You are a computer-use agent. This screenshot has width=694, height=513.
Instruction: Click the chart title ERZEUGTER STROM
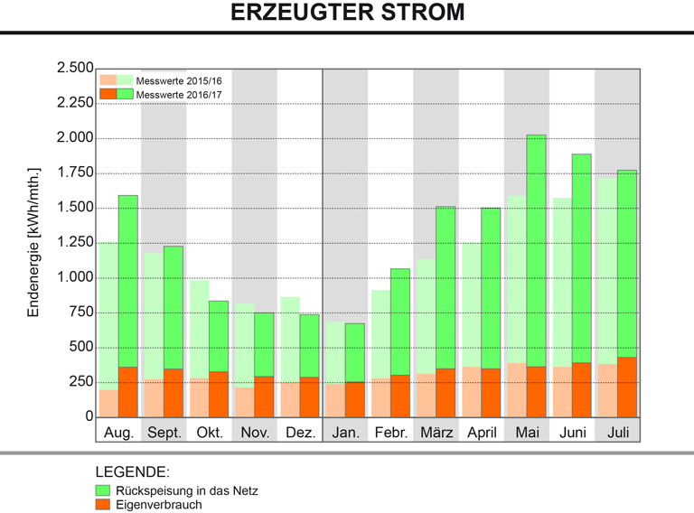[x=347, y=14]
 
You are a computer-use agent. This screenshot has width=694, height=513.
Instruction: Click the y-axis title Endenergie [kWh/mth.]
[x=35, y=242]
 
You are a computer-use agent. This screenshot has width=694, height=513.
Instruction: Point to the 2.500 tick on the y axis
[x=74, y=69]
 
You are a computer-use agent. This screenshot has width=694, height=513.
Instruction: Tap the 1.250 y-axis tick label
[x=74, y=243]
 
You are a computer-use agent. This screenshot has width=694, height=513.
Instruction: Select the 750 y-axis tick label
[x=80, y=312]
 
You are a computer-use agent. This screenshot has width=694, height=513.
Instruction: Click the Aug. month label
[x=119, y=432]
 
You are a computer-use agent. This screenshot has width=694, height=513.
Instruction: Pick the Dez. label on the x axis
[x=300, y=432]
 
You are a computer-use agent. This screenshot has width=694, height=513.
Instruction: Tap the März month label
[x=436, y=432]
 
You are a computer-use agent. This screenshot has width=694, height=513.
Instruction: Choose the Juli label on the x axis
[x=617, y=432]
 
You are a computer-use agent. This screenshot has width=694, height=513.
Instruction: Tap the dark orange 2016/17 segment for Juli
[x=627, y=387]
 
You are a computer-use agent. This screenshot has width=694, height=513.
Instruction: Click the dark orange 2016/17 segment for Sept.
[x=173, y=392]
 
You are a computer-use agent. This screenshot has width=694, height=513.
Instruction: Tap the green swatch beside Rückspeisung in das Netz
[x=103, y=490]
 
